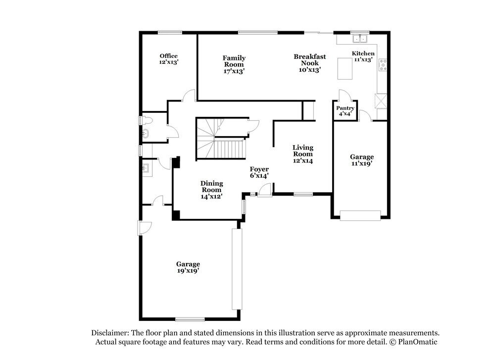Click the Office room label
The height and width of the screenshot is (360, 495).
click(x=168, y=59)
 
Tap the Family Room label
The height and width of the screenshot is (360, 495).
click(x=234, y=64)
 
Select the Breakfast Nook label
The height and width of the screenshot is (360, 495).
click(x=309, y=63)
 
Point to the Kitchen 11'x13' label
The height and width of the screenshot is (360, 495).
click(x=363, y=56)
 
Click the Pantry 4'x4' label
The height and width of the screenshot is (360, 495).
click(x=345, y=110)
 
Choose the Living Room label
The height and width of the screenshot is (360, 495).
click(x=302, y=154)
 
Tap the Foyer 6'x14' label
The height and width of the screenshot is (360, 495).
click(x=259, y=172)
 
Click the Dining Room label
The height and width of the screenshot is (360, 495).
click(x=211, y=189)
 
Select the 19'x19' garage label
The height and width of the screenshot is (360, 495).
click(x=188, y=267)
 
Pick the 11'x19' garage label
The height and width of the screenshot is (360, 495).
click(x=362, y=159)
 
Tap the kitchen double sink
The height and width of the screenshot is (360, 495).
click(x=359, y=38)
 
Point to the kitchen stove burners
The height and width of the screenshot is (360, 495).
click(x=383, y=65)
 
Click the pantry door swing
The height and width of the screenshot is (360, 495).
click(x=345, y=95)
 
